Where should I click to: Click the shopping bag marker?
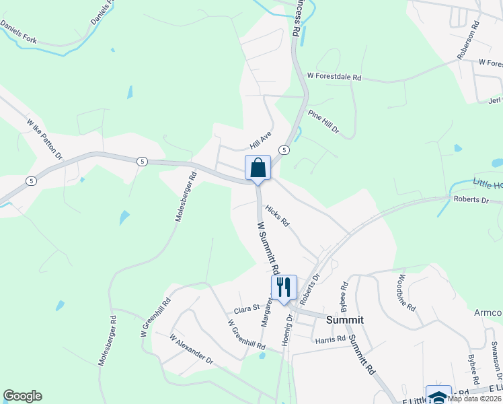(258, 168)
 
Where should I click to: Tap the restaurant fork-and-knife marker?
(283, 287)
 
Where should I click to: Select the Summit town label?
(345, 320)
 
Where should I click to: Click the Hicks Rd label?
(276, 216)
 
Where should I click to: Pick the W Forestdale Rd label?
(334, 78)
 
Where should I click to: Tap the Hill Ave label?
(260, 141)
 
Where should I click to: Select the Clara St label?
(246, 308)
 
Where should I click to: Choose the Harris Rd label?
(331, 339)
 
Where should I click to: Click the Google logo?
(22, 396)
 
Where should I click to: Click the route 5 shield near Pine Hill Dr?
(284, 149)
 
